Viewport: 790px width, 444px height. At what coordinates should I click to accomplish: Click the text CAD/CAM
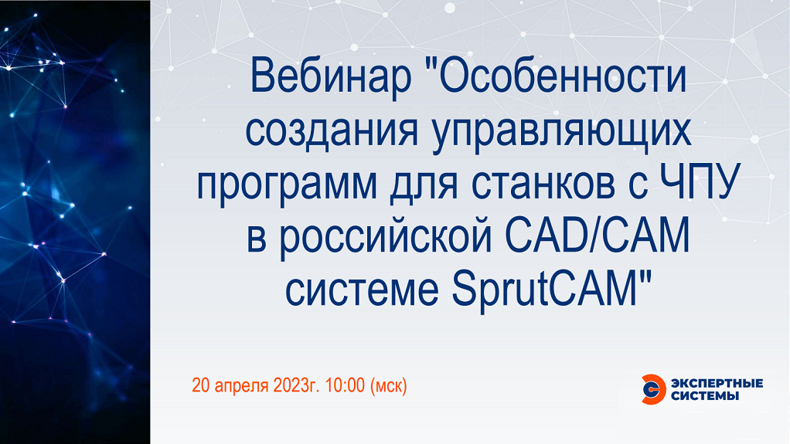(597, 235)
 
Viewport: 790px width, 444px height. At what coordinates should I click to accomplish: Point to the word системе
(362, 290)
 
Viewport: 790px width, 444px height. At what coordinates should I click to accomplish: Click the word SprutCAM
(547, 290)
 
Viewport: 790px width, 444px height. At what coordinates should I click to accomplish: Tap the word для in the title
(424, 185)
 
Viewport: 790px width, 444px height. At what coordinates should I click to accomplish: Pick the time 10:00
(345, 385)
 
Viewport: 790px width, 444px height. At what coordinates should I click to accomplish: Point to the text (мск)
(389, 386)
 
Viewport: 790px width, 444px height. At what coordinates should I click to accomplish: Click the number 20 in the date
(200, 385)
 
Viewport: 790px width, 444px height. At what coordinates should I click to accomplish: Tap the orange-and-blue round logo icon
(653, 389)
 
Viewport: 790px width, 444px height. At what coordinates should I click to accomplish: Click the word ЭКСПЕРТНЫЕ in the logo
(717, 384)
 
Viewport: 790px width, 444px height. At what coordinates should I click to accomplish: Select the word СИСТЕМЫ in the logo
(705, 396)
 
